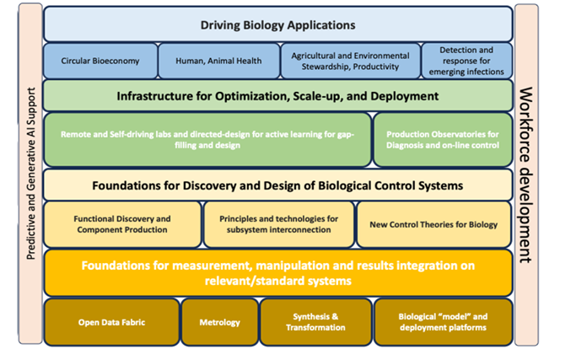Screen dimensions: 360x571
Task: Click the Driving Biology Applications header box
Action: (277, 24)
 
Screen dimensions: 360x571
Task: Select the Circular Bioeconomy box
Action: (100, 61)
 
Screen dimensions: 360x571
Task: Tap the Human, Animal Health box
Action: (218, 61)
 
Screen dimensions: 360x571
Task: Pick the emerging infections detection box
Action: (466, 61)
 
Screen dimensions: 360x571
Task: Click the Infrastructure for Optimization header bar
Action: (277, 96)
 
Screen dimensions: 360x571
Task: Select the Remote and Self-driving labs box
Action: (207, 138)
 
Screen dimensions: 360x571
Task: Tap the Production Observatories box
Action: (443, 138)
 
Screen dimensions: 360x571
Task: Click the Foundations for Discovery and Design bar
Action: (277, 185)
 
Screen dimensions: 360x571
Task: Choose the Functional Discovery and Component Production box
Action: (122, 223)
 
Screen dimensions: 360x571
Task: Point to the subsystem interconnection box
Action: (278, 223)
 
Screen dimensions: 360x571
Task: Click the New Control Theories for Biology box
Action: (434, 224)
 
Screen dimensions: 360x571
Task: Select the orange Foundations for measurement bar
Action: (277, 272)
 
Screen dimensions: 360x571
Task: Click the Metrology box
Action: (219, 321)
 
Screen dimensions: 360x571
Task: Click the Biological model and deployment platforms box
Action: (442, 321)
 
